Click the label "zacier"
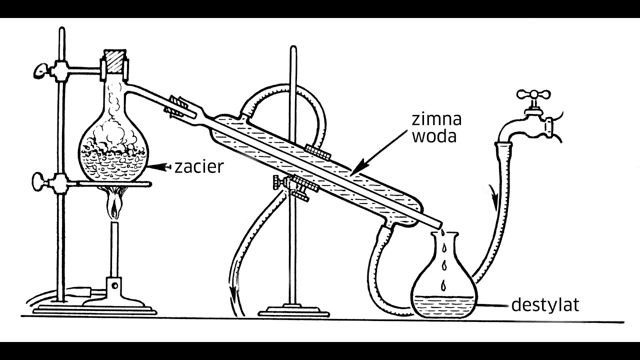coord(199,167)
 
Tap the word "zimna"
coord(436,119)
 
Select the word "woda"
coord(434,136)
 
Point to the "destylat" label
coord(545,305)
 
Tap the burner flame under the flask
coord(114,203)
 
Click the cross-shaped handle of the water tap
coord(533,94)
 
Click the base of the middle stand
coord(293,311)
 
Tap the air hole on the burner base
coord(115,285)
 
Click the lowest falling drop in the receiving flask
coord(443,285)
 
